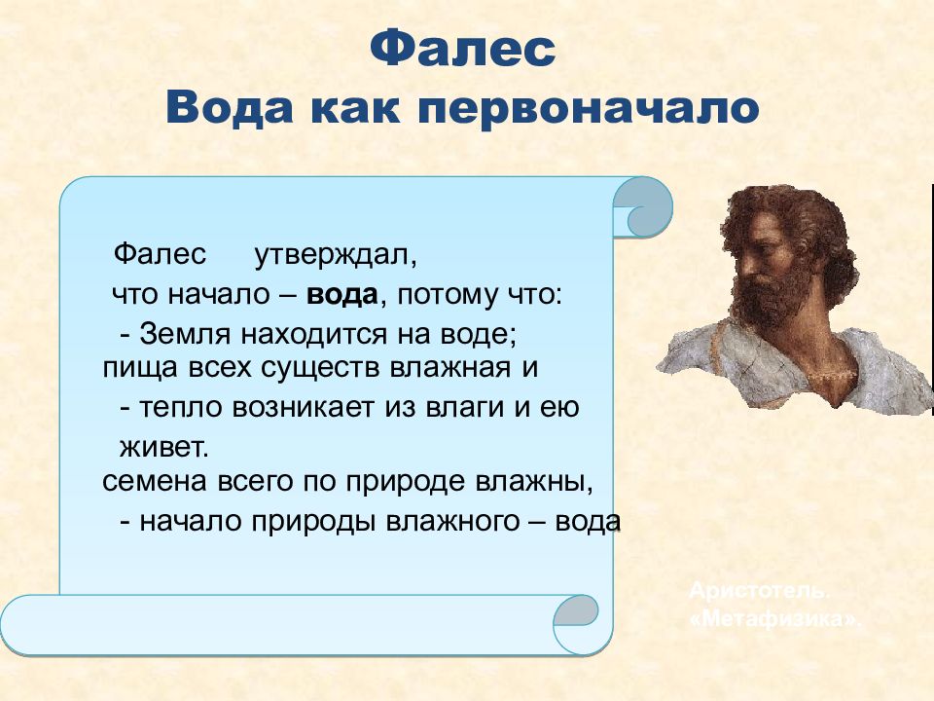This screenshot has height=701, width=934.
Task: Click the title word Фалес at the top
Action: [463, 49]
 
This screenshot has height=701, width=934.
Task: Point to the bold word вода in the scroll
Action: [341, 295]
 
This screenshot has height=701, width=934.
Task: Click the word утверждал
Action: [336, 256]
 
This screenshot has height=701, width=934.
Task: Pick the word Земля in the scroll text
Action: [185, 334]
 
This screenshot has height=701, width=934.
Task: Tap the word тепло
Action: [181, 408]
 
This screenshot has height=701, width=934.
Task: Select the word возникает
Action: [303, 408]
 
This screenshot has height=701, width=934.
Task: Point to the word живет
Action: [164, 448]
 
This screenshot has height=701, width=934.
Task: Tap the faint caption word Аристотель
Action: [758, 591]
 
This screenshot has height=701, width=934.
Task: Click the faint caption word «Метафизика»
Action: [775, 620]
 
